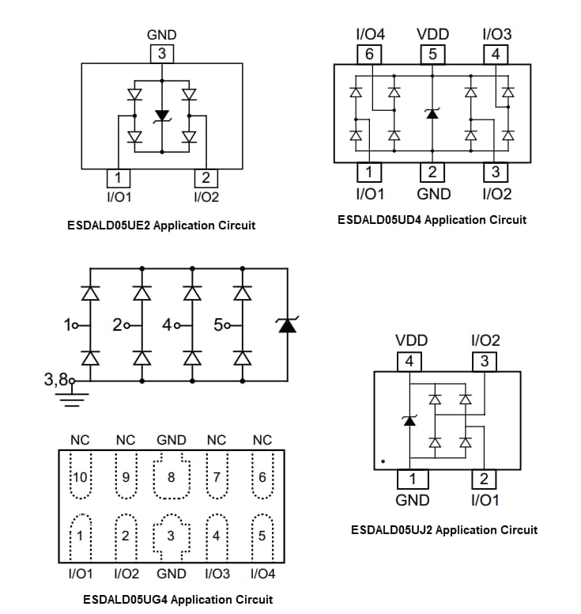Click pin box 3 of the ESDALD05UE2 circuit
coord(162,54)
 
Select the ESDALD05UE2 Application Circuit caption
coord(162,226)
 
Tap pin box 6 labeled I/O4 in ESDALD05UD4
coord(369,55)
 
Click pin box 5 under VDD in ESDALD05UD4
coord(432,55)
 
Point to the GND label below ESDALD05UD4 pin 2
coord(433,194)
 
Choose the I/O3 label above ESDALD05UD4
coord(496,34)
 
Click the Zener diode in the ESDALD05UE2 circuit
coord(162,116)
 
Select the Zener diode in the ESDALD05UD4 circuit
coord(432,113)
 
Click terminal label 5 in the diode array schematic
coord(218,325)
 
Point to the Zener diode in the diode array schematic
coord(287,324)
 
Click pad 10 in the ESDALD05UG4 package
coord(80,477)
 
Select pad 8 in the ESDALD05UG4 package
coord(172,477)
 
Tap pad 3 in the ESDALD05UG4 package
coord(172,536)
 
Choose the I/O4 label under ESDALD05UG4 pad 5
coord(262,574)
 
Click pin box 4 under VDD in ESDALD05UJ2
coord(409,362)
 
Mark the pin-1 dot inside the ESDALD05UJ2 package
coord(383,460)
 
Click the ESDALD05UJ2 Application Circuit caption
coord(444,529)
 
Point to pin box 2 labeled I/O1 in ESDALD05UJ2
coord(485,479)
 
